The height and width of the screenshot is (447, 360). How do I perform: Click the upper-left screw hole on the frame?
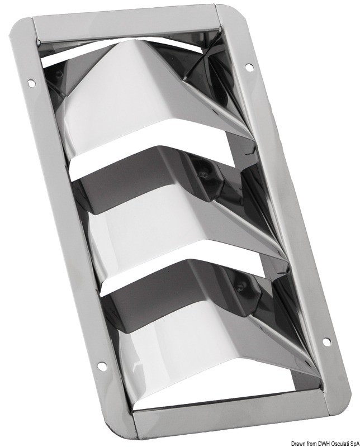pos(31,83)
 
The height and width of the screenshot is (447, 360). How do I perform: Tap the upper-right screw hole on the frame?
pos(249,67)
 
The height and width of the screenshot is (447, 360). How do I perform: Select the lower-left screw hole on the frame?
pos(102,367)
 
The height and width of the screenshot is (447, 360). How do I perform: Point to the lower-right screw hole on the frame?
pos(326,341)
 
